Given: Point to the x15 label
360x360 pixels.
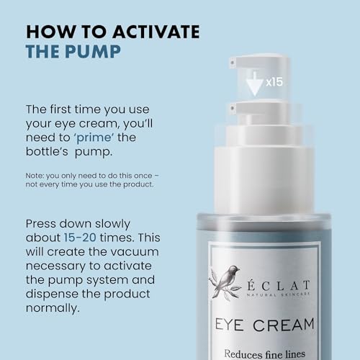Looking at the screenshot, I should [x=272, y=82].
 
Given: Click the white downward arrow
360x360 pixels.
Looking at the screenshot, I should [x=253, y=84].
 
